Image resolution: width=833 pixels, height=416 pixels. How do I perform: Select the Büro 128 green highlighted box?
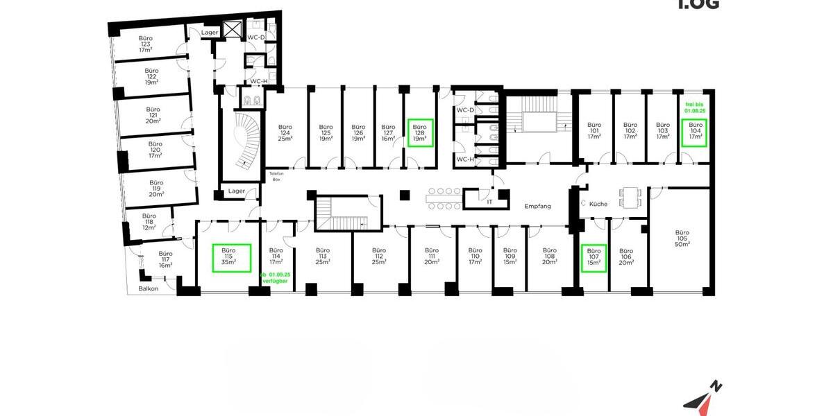pos(419,132)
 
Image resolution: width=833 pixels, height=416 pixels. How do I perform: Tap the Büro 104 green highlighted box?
pos(695,132)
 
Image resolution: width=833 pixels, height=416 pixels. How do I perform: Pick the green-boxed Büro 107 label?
pos(594,257)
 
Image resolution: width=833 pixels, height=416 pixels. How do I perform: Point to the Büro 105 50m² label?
pos(682,238)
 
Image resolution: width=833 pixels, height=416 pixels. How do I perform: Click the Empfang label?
pos(538,206)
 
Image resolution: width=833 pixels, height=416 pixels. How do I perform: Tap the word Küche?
pos(598,205)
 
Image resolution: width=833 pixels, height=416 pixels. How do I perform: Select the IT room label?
pos(489,201)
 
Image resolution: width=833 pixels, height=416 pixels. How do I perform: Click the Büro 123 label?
pos(145,44)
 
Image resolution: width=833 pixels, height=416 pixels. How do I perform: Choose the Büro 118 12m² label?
pos(149,221)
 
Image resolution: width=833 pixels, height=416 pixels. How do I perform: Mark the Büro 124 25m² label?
pos(285,132)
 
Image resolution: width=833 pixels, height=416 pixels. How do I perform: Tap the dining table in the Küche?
pos(630,197)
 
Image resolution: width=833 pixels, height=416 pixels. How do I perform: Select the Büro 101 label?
pos(594,132)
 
